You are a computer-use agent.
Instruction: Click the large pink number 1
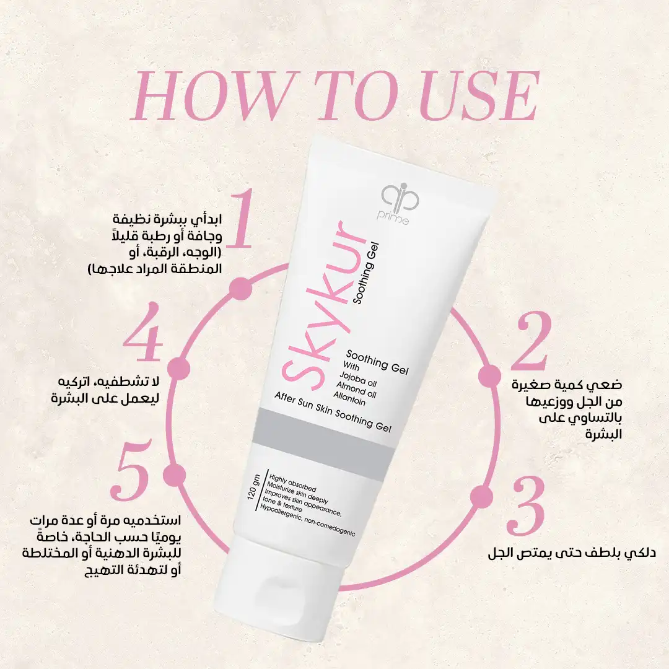click(x=240, y=219)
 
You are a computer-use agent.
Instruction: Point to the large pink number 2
click(x=531, y=341)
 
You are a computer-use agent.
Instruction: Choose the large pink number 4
click(x=143, y=331)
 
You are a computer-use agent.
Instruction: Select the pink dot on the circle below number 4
click(x=178, y=368)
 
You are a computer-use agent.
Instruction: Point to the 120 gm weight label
click(x=253, y=487)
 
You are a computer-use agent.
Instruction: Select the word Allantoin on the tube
click(x=349, y=398)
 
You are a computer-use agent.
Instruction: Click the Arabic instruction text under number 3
click(x=572, y=553)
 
